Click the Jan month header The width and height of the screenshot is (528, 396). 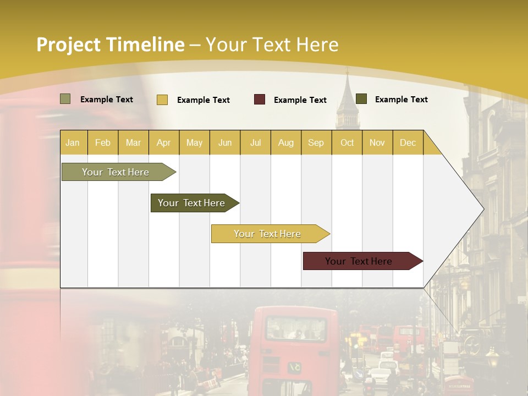point(73,142)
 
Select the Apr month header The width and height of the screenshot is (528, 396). point(163,142)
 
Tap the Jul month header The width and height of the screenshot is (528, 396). point(255,142)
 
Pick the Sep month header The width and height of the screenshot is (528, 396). point(316,142)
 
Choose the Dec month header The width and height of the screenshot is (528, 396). point(408,142)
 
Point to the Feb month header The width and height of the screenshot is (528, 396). point(103,142)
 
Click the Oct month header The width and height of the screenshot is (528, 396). point(347,142)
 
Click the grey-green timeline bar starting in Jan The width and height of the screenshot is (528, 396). point(116,172)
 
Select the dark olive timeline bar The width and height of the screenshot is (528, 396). point(191,203)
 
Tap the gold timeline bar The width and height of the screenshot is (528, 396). point(267,234)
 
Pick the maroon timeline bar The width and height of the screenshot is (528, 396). point(359,261)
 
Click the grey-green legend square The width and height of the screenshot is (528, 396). point(65,99)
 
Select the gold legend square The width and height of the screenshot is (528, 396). point(162,100)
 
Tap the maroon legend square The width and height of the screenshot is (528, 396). point(260,100)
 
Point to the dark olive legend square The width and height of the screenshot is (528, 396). point(361,99)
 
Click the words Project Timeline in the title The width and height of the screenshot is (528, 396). point(110,45)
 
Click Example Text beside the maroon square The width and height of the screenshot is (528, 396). point(300,100)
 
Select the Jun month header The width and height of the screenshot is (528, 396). point(225,142)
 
